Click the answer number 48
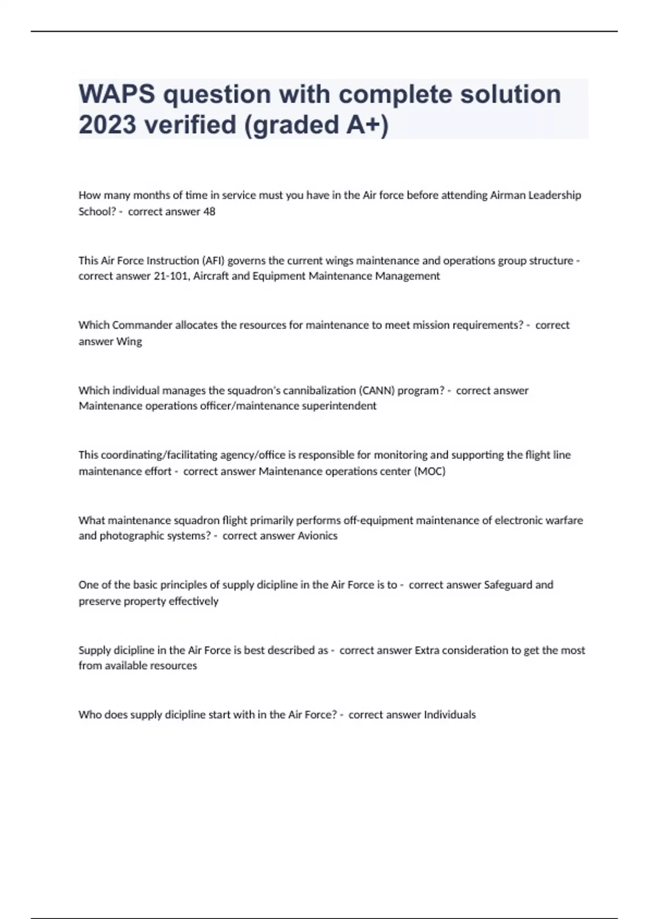tap(209, 211)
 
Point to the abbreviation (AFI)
tap(213, 261)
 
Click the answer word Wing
tap(129, 342)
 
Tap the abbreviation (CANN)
tap(377, 390)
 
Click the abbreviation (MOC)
tap(429, 471)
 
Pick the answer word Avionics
tap(317, 536)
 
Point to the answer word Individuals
tap(449, 715)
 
